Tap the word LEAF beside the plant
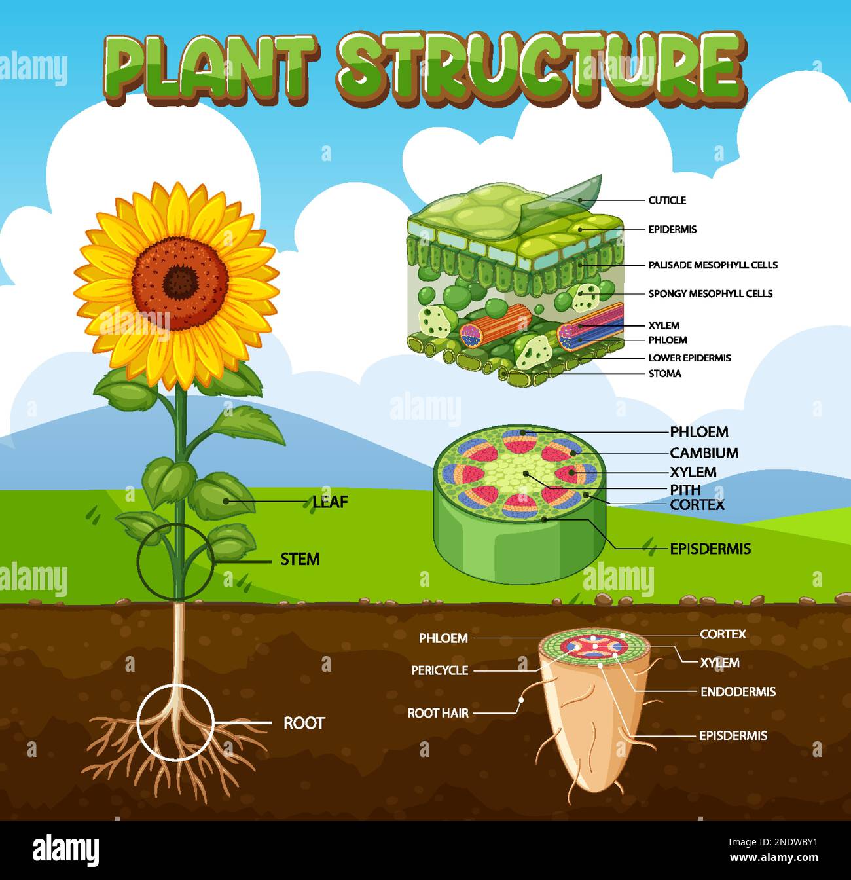tap(330, 502)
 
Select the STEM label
tap(300, 559)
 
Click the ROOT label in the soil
tap(304, 723)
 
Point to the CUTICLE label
tap(667, 200)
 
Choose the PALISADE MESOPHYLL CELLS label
tap(713, 265)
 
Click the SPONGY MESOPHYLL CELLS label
tap(710, 294)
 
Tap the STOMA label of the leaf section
tap(664, 374)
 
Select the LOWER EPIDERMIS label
tap(689, 358)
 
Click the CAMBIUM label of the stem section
tap(704, 453)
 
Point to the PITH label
tap(685, 489)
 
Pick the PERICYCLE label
tap(440, 670)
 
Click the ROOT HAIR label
tap(438, 713)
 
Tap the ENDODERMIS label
tap(738, 691)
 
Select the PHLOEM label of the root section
tap(443, 638)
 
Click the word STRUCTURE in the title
tap(540, 65)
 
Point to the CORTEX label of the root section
tap(723, 634)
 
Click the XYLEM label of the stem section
tap(693, 472)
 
